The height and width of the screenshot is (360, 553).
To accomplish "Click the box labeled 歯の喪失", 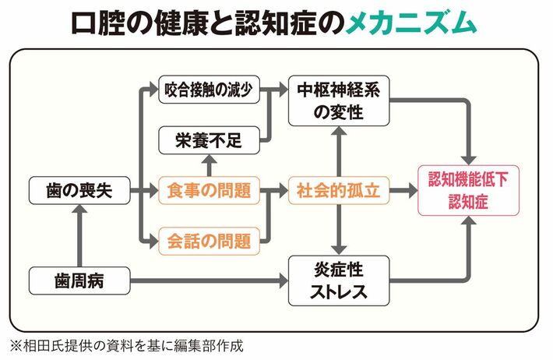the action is tap(79, 191).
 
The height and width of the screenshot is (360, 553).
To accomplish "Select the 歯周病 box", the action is tap(79, 281).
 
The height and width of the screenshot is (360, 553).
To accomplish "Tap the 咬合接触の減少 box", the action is tap(209, 90).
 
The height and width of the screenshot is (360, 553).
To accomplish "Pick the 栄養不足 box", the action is tap(209, 140).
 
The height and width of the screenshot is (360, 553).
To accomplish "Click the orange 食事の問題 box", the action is tap(209, 191).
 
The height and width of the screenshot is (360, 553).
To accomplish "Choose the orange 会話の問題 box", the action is tap(209, 242).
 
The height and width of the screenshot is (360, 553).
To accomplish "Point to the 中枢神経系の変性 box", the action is tap(339, 101).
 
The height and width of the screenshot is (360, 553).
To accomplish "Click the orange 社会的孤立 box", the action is tap(339, 191).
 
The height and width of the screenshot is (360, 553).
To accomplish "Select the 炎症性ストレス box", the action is tap(339, 281).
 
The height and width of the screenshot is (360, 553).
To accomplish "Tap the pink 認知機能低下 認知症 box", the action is tap(468, 191).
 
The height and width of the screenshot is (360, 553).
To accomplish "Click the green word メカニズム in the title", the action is tap(411, 23).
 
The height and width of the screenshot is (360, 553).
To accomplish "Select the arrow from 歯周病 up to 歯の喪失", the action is tap(79, 236).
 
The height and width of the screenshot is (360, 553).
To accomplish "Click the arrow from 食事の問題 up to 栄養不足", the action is tap(210, 165).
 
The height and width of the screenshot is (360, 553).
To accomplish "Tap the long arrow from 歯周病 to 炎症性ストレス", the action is tap(210, 281).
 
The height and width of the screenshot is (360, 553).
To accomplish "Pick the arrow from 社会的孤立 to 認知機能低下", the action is tap(403, 191).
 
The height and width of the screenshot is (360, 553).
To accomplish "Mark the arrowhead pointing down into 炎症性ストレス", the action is tap(339, 249).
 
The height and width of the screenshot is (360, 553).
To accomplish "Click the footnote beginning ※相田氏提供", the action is tap(127, 346).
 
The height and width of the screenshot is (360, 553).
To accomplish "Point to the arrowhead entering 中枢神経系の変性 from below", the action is tap(339, 132).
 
